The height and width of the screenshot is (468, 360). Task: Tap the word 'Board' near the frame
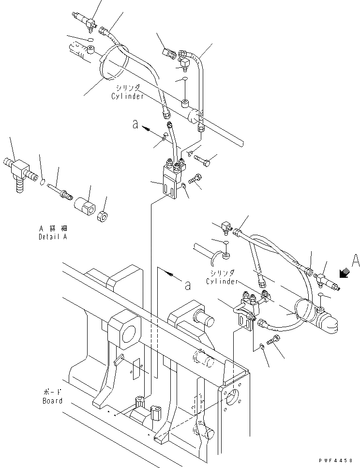tap(52, 401)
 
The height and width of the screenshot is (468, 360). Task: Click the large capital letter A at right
tap(355, 261)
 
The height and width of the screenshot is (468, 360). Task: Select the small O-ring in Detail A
tap(43, 182)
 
